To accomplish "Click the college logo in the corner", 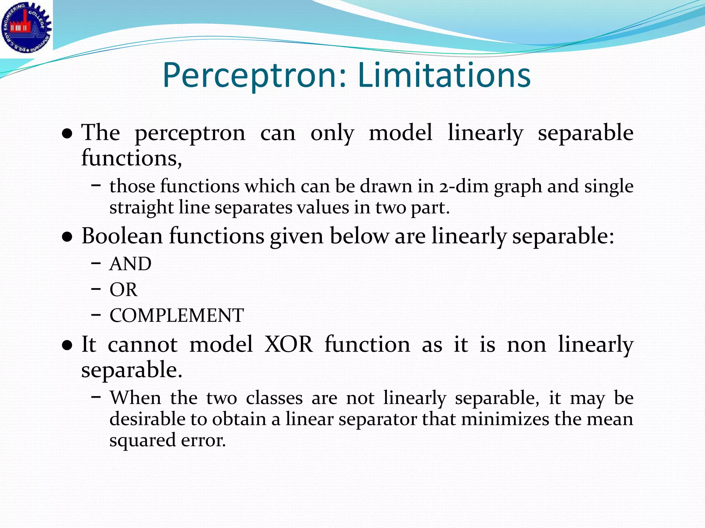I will pyautogui.click(x=26, y=27).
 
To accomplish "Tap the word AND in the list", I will pyautogui.click(x=130, y=264).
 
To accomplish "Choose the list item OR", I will pyautogui.click(x=123, y=290).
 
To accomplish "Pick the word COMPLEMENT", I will pyautogui.click(x=176, y=316).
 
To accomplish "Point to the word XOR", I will pyautogui.click(x=288, y=344).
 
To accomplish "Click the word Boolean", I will pyautogui.click(x=122, y=236).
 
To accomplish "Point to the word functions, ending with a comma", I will pyautogui.click(x=131, y=158).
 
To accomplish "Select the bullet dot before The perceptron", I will pyautogui.click(x=67, y=133).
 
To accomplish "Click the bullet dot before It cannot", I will pyautogui.click(x=67, y=345).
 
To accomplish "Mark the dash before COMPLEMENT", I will pyautogui.click(x=96, y=315).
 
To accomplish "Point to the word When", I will pyautogui.click(x=136, y=398).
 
